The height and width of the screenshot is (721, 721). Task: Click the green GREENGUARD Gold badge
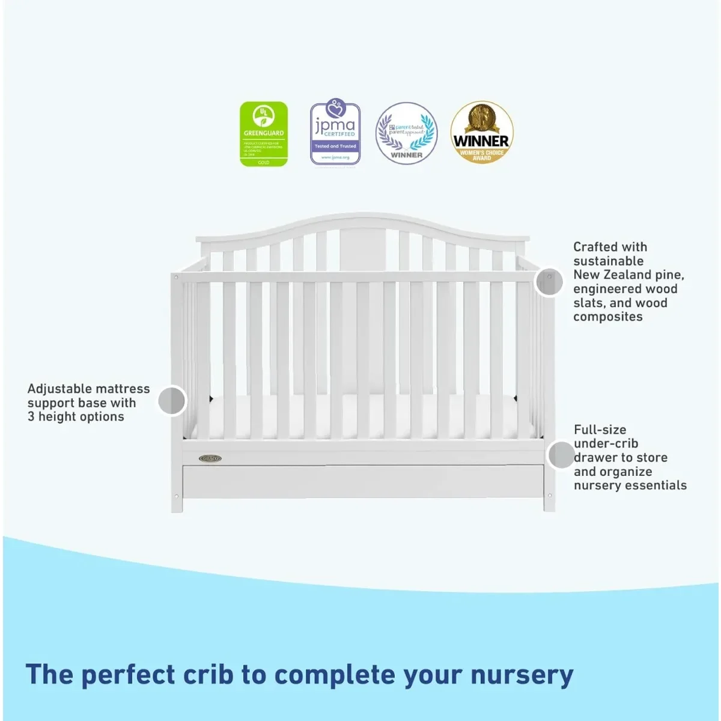click(264, 134)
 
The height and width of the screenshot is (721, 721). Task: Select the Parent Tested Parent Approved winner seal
click(407, 133)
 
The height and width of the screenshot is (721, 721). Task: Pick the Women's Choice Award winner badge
click(481, 132)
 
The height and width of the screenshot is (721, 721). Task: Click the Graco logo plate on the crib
click(210, 458)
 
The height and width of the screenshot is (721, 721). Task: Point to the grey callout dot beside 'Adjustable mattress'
click(172, 400)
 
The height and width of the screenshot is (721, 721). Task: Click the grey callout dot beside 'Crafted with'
click(549, 281)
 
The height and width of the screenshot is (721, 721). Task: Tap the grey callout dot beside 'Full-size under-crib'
click(561, 455)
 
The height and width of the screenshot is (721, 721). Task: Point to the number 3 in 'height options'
click(31, 416)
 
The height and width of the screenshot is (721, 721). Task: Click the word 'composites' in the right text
click(607, 317)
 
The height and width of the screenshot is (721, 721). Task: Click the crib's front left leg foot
click(177, 505)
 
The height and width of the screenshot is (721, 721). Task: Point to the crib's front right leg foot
click(549, 503)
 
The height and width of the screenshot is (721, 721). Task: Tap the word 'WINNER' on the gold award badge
click(481, 141)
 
